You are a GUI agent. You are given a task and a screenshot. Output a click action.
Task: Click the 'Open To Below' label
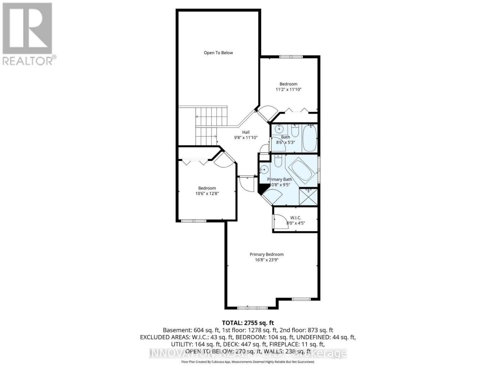[x=218, y=53]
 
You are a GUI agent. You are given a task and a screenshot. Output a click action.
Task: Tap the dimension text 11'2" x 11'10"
[x=288, y=90]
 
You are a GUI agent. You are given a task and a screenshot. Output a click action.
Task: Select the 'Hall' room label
[x=246, y=132]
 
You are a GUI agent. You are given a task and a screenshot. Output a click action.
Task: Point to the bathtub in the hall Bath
[x=309, y=138]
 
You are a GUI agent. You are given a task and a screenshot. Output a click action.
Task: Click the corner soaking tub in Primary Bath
[x=302, y=170]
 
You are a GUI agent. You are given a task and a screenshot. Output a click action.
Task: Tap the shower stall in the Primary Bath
[x=308, y=197]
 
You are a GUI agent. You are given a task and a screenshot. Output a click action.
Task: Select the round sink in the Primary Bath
[x=264, y=170]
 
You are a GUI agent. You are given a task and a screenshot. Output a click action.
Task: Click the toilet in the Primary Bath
[x=278, y=161]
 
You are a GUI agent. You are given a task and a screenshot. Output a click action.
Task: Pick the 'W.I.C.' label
[x=295, y=218]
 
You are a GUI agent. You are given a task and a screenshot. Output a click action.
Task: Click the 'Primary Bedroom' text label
[x=267, y=254]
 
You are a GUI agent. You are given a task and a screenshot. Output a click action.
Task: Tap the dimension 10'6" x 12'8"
[x=207, y=193]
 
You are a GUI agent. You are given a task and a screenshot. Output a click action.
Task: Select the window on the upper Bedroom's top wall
[x=290, y=57]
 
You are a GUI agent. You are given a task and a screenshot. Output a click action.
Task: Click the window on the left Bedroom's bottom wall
[x=193, y=221]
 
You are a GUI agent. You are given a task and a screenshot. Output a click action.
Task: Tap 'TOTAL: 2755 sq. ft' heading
[x=248, y=323]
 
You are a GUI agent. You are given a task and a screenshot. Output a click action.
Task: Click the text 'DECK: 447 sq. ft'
[x=245, y=344]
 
